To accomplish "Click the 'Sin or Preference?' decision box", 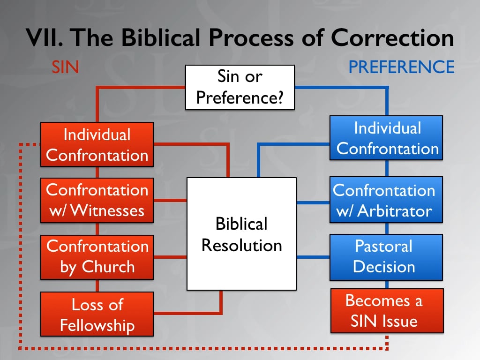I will point(240,87).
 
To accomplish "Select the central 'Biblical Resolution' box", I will point(241,233).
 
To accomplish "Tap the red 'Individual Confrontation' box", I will point(97,144).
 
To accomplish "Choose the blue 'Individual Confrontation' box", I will point(387,138).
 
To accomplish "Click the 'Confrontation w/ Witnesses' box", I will point(97,200).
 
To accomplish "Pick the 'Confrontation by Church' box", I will point(97,256).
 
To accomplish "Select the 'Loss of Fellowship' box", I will point(97,314).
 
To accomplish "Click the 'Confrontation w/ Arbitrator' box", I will point(387,200).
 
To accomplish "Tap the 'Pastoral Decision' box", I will point(387,256).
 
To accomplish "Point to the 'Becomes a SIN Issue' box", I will point(387,311).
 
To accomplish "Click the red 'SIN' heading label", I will point(64,67).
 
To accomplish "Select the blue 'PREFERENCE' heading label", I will point(401,67).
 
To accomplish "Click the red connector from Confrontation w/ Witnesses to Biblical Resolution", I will point(170,201).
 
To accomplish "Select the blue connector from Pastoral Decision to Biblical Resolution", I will point(313,257).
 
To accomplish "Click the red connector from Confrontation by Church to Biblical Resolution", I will point(170,257).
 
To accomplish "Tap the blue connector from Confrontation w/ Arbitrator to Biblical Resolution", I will point(313,202).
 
